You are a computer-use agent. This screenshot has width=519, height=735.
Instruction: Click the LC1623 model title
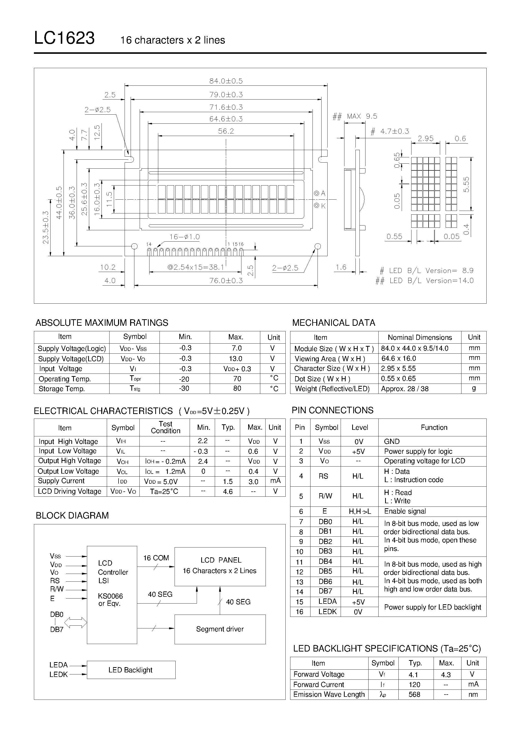point(64,38)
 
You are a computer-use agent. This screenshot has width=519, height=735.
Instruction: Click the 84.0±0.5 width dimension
point(226,81)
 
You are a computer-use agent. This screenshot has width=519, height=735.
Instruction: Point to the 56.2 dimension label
point(226,131)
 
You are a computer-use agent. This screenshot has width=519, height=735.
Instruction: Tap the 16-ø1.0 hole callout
point(185,237)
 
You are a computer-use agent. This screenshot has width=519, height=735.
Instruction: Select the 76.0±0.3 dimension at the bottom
point(226,281)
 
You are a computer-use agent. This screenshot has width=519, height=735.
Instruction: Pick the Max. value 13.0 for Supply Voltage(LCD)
point(235,358)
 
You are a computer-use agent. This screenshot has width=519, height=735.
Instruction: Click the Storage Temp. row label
point(62,389)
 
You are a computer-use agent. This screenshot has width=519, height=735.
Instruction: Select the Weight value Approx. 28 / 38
point(405,389)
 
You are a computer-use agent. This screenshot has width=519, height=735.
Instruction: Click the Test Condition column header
point(166,427)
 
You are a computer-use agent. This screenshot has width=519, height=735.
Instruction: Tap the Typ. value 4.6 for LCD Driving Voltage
point(228,491)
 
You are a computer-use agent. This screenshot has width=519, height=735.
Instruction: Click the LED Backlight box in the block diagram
point(131,670)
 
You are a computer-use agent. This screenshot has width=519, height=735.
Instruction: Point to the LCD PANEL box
point(220,566)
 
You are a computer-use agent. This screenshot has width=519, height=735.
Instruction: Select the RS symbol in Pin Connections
point(324,476)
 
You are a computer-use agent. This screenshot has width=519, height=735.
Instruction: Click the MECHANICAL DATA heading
point(334,323)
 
